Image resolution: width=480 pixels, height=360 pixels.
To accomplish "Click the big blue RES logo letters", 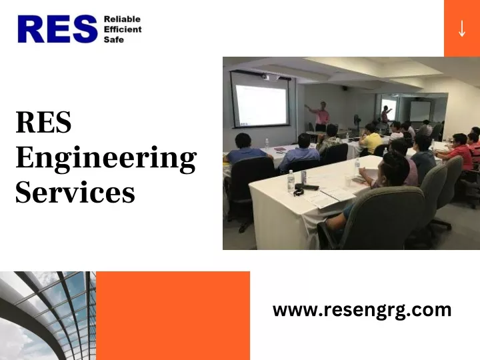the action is pyautogui.click(x=57, y=29).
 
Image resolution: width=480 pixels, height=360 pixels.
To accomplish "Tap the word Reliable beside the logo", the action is pyautogui.click(x=122, y=19).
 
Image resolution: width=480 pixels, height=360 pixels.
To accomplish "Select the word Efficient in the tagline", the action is pyautogui.click(x=123, y=29).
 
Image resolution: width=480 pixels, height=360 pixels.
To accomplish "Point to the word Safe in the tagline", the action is pyautogui.click(x=114, y=39).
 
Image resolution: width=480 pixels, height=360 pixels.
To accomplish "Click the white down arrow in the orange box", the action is pyautogui.click(x=462, y=29).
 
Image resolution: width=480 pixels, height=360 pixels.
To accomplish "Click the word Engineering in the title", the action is pyautogui.click(x=106, y=159).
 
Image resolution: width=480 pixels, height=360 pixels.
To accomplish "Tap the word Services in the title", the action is pyautogui.click(x=75, y=192).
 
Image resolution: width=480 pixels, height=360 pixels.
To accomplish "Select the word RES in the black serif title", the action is pyautogui.click(x=43, y=122).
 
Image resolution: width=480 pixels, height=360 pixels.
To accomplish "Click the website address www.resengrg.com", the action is pyautogui.click(x=362, y=310).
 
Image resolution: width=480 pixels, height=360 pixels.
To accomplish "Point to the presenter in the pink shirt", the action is pyautogui.click(x=321, y=116).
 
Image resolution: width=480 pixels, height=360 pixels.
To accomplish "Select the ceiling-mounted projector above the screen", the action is pyautogui.click(x=265, y=77).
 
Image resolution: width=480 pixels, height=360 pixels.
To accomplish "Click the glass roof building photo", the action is pyautogui.click(x=48, y=315).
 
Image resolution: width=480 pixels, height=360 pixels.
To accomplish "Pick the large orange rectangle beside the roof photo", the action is pyautogui.click(x=173, y=315).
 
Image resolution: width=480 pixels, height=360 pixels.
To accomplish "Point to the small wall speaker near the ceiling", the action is pyautogui.click(x=345, y=88).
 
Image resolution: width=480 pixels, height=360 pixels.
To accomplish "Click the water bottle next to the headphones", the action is pyautogui.click(x=291, y=181).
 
